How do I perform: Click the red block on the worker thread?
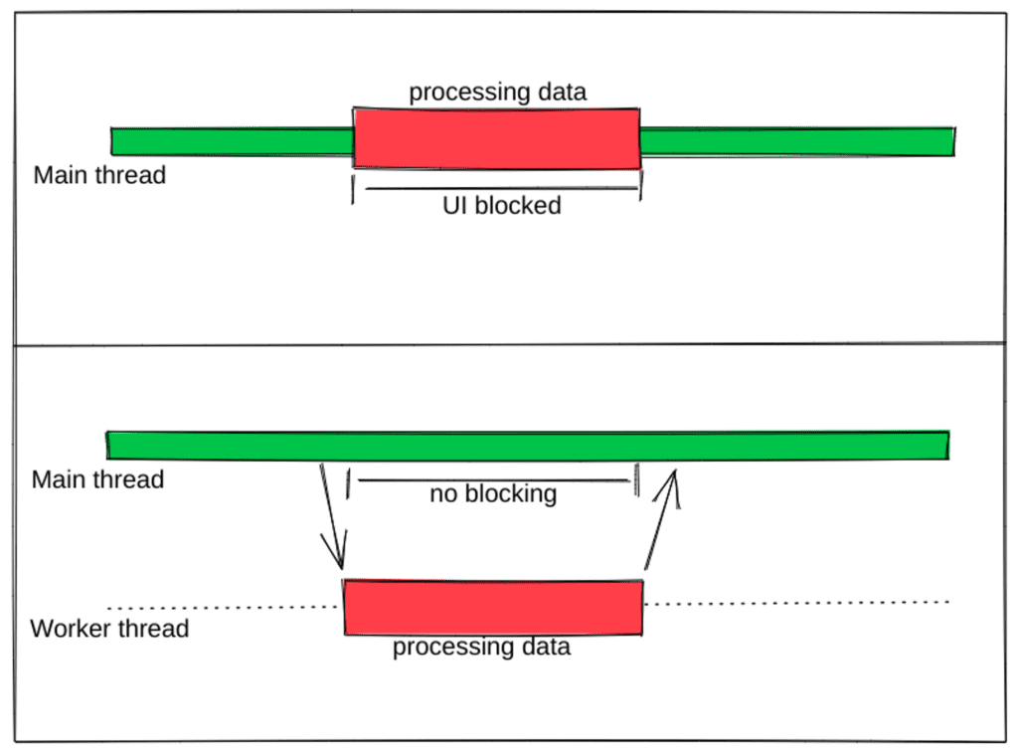[x=493, y=607]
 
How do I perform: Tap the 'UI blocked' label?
[x=501, y=206]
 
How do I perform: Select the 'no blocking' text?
[x=493, y=493]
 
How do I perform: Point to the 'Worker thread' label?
[x=109, y=629]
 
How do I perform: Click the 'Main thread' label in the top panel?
[x=99, y=176]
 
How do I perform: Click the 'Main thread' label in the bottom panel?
[x=97, y=479]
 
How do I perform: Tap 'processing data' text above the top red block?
[x=498, y=93]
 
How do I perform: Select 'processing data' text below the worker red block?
[x=481, y=648]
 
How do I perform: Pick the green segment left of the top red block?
[x=232, y=141]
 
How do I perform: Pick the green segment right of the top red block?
[x=795, y=141]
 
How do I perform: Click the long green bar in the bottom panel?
[x=527, y=446]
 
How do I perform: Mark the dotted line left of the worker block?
[x=224, y=607]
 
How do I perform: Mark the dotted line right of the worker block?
[x=795, y=602]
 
